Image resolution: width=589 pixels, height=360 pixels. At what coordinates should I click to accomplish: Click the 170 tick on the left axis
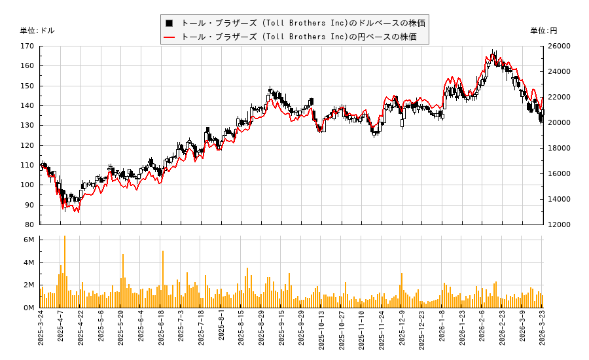pos(27,46)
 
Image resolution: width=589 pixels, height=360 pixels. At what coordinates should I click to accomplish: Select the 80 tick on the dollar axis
pos(30,225)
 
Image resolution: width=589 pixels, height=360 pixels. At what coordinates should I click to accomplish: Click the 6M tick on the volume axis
pos(29,240)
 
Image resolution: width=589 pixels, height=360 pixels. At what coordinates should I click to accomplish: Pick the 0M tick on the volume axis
pos(29,308)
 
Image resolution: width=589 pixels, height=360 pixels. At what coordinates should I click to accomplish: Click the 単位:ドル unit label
pos(37,31)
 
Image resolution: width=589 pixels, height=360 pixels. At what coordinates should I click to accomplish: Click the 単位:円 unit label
pos(543,31)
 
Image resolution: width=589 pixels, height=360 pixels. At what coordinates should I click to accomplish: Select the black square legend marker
pos(169,23)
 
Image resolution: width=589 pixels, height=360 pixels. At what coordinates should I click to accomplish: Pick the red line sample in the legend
pos(169,37)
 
